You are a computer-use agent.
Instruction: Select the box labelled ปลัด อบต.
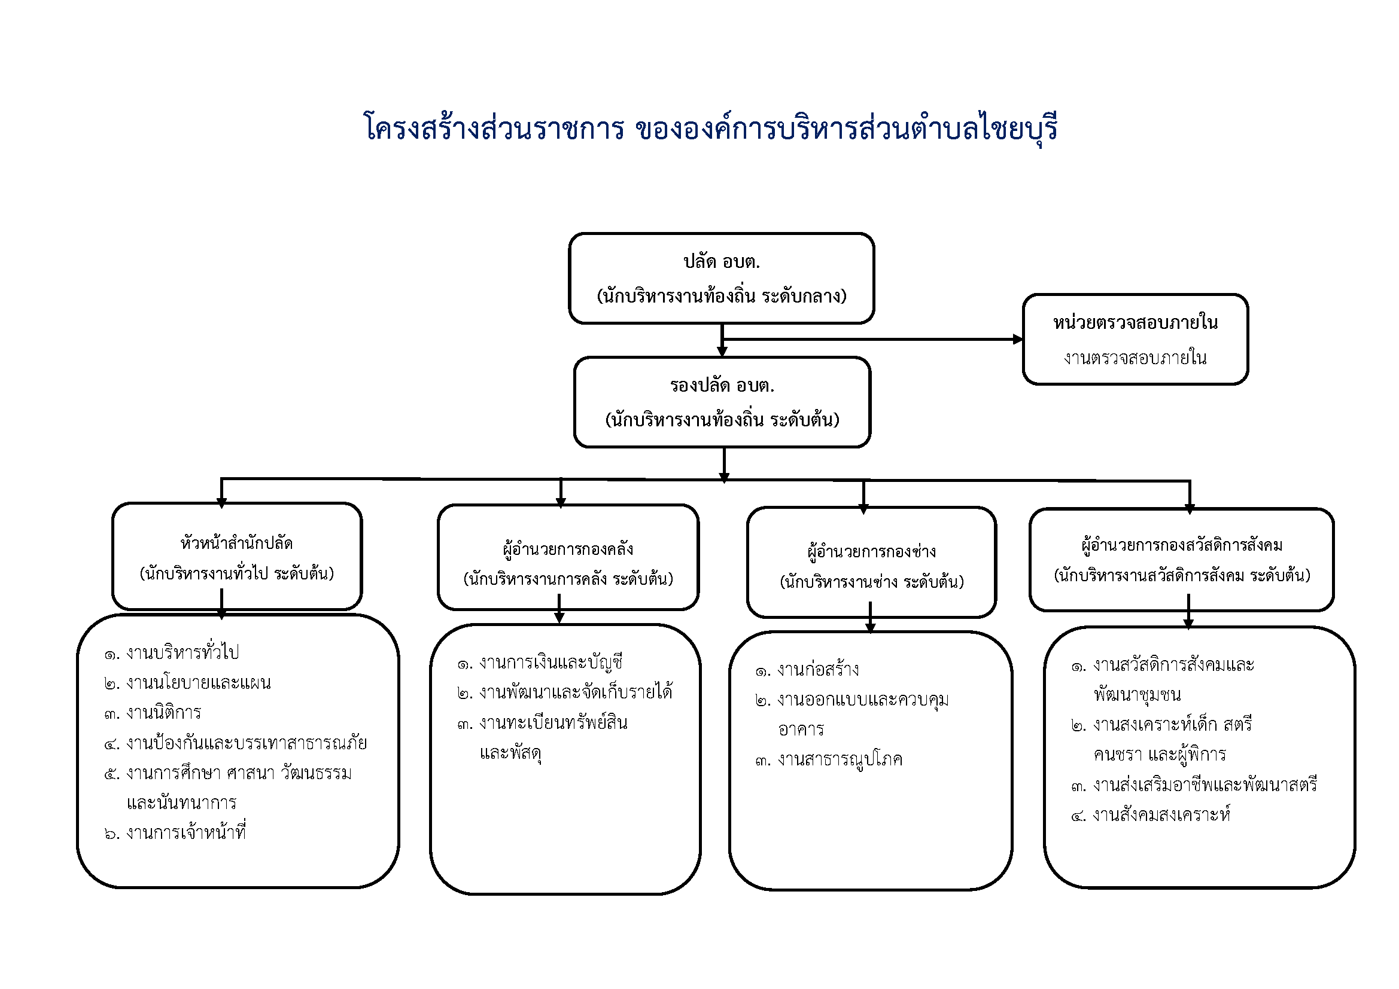722,278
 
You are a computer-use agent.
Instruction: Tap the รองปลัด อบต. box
722,402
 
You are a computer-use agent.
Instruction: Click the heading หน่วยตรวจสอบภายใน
1135,323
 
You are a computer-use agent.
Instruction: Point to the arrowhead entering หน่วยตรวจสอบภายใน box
1018,339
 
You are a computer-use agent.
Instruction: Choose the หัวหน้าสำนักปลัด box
237,557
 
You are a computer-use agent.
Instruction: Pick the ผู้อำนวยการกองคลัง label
568,550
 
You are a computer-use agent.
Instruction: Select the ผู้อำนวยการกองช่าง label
871,552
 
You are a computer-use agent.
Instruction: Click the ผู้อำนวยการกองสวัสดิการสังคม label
1181,545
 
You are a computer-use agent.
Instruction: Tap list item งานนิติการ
163,713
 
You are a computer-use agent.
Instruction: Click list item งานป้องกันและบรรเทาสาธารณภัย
246,743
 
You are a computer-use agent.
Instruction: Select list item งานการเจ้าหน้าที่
186,832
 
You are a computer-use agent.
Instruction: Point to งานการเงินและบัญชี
551,662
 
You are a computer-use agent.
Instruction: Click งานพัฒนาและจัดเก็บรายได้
575,692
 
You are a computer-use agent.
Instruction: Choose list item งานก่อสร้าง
818,670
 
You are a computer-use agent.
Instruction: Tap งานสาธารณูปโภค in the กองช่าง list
840,759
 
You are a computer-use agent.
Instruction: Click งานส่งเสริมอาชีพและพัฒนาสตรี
1205,785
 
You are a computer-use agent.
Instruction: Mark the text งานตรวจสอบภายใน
1135,358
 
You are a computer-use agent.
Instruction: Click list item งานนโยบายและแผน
198,683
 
